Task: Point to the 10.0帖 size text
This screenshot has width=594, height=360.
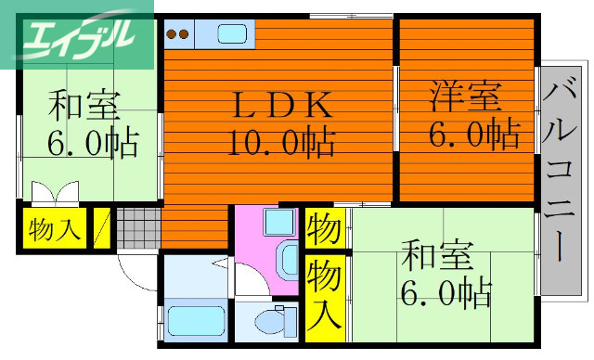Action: coord(279,143)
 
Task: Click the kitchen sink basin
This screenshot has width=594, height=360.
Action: coord(232,34)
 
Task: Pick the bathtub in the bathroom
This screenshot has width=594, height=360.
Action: coord(195,321)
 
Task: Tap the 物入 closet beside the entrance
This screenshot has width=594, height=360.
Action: coord(53,228)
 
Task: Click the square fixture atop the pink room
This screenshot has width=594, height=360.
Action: coord(276,223)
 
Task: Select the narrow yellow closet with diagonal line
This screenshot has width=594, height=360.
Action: coord(102,228)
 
